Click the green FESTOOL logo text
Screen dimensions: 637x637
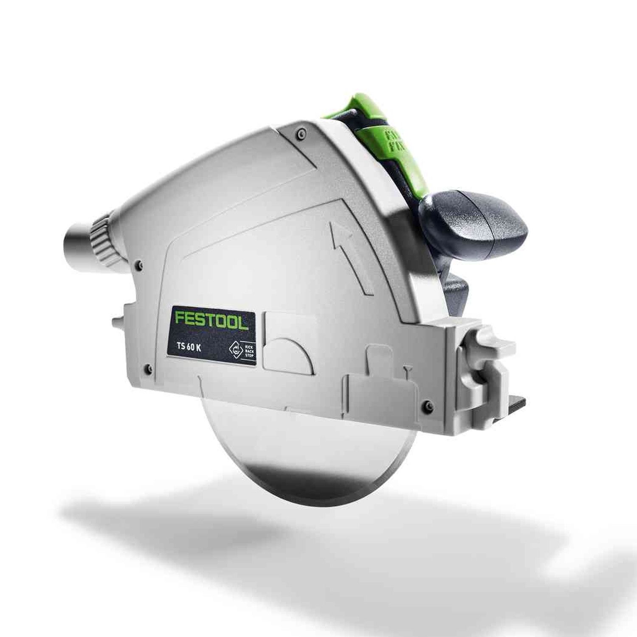[210, 321]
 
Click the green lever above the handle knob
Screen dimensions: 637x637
[372, 127]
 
